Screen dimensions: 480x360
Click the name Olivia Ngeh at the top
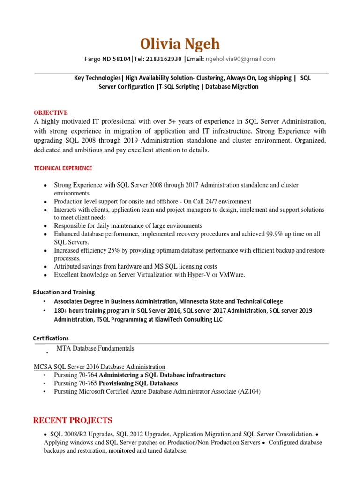coord(180,44)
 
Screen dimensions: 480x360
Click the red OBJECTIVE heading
coord(51,113)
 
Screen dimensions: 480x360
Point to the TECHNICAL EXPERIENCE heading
coord(63,168)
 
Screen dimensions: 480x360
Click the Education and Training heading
coord(64,292)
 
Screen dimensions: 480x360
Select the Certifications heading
coord(51,338)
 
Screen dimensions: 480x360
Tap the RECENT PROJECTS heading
coord(73,420)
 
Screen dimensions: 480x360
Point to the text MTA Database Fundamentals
coord(95,348)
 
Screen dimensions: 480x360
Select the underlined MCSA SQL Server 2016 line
coord(99,367)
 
